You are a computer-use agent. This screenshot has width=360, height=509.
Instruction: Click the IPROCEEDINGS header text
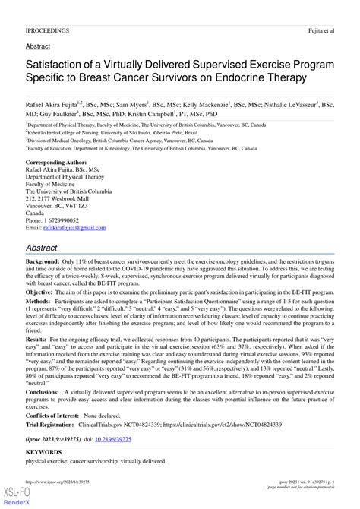tap(47, 30)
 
